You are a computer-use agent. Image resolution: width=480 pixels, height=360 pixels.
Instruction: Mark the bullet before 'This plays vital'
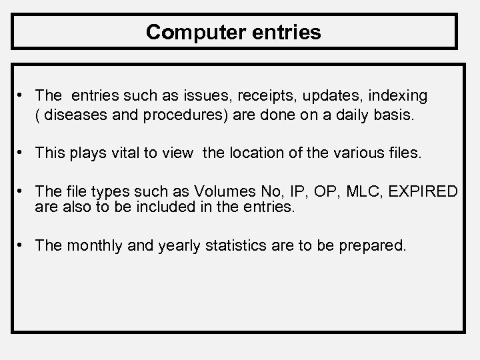pyautogui.click(x=21, y=153)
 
